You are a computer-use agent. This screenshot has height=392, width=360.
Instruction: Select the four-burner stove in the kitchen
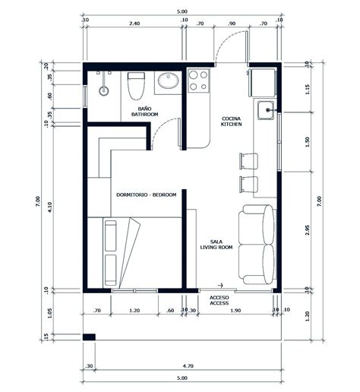point(198,81)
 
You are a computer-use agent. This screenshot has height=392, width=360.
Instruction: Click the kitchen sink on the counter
point(266,112)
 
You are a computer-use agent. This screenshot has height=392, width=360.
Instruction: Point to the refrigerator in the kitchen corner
point(263,81)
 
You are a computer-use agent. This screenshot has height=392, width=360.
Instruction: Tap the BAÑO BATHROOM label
point(144,112)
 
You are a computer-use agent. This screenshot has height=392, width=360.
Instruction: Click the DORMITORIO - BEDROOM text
point(147,195)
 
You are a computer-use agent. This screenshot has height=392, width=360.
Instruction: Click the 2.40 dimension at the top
point(134,24)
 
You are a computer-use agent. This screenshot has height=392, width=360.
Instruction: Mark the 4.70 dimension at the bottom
point(188,365)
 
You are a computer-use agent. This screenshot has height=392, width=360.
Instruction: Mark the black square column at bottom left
point(89,337)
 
